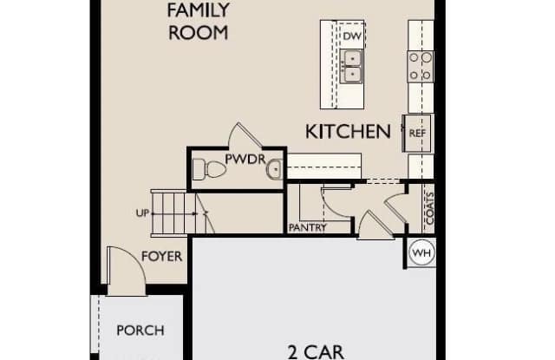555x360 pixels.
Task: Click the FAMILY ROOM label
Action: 199,21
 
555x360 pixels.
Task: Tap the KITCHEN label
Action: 348,132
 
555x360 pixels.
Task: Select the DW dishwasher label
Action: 352,36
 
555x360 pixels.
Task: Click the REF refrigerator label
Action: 417,133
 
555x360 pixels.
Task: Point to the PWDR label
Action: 245,160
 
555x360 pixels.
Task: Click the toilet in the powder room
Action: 209,169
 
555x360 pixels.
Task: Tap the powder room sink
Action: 274,169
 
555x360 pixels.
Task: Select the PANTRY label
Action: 308,227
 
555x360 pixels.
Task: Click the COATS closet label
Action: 430,208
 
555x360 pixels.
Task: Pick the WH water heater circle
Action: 422,252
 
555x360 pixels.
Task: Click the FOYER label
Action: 162,256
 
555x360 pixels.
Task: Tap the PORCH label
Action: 140,331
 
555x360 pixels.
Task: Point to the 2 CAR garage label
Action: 316,352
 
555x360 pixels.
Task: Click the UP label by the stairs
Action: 142,213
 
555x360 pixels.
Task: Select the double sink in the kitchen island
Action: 351,66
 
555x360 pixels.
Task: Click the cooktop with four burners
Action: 421,66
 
